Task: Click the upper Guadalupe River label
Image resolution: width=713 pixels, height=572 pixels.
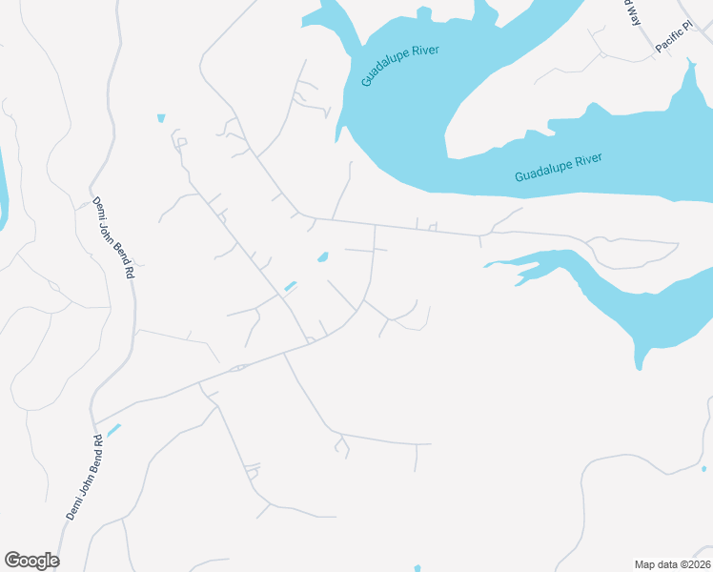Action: point(400,65)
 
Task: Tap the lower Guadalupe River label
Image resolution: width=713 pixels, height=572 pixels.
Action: point(559,168)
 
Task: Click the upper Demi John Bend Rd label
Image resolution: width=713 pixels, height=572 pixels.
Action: point(112,237)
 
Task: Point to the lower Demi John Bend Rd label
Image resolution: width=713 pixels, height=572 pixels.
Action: point(86,477)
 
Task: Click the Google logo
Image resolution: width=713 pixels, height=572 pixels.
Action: point(31,561)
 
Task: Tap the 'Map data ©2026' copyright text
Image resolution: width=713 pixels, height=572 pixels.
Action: point(672,563)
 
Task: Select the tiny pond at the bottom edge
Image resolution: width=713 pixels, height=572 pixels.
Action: point(418,568)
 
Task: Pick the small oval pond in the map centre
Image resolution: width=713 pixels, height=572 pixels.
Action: point(323,256)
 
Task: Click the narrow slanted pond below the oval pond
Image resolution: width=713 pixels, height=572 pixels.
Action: point(290,285)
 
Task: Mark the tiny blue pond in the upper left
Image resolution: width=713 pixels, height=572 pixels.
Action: point(161,118)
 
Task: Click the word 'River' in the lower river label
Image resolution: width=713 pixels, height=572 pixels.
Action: point(585,161)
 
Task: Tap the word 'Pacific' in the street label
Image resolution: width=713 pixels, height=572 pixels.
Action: point(668,41)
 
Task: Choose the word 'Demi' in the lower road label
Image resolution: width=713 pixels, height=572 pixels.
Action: point(72,506)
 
